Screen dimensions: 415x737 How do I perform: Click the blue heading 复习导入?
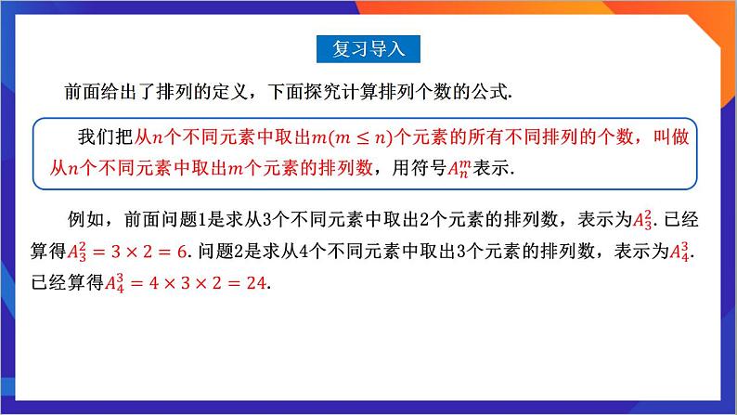pyautogui.click(x=368, y=48)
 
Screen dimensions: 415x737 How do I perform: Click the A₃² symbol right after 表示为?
pyautogui.click(x=641, y=220)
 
